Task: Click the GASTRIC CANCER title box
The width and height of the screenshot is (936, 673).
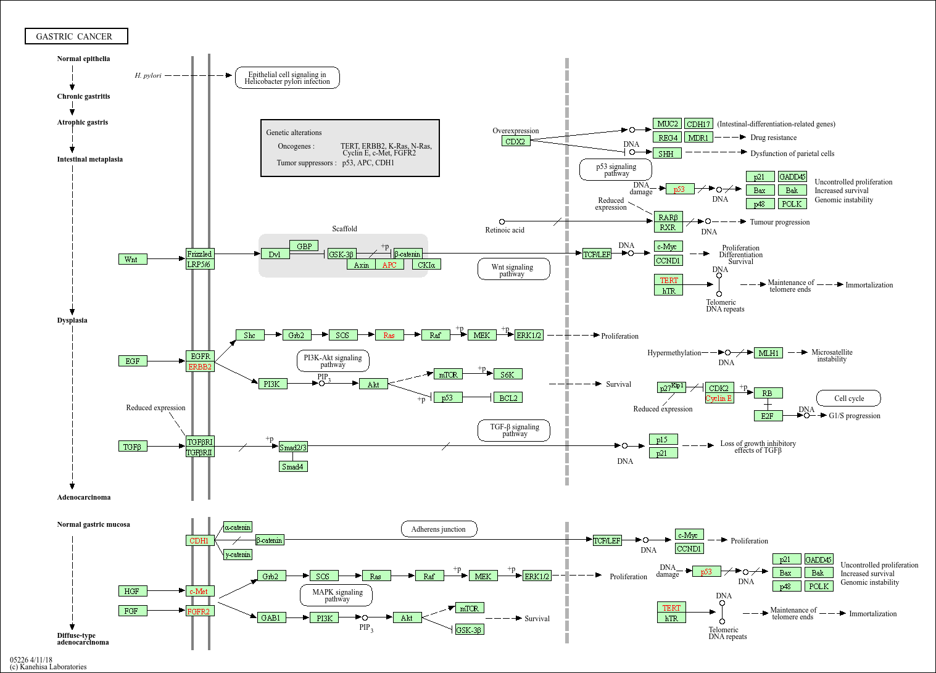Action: pyautogui.click(x=76, y=36)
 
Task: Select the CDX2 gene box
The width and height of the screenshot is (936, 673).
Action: pyautogui.click(x=515, y=141)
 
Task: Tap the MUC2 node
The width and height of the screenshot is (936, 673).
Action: pyautogui.click(x=667, y=124)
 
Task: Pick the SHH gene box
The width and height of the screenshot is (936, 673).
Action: pyautogui.click(x=667, y=154)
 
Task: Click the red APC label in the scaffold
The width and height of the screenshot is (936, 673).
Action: pyautogui.click(x=389, y=265)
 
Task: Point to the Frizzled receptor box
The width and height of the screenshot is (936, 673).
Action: pyautogui.click(x=200, y=254)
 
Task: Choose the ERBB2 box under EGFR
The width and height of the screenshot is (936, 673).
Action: pyautogui.click(x=200, y=366)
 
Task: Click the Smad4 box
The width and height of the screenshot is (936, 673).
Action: pyautogui.click(x=292, y=467)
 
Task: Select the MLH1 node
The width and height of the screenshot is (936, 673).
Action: pyautogui.click(x=768, y=353)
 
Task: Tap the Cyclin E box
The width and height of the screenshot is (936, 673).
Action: pyautogui.click(x=719, y=398)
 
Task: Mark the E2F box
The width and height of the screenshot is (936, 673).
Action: pyautogui.click(x=768, y=416)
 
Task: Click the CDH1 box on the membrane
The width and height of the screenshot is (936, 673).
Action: pyautogui.click(x=199, y=540)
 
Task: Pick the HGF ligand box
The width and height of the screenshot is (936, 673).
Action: pyautogui.click(x=132, y=591)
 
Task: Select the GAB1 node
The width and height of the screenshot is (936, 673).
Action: pyautogui.click(x=271, y=617)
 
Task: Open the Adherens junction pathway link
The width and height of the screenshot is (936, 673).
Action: pyautogui.click(x=439, y=529)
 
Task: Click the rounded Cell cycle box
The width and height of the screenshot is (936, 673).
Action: pyautogui.click(x=849, y=398)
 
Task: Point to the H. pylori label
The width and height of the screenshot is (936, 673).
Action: pyautogui.click(x=148, y=75)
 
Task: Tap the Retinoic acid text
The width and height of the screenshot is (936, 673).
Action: pyautogui.click(x=505, y=230)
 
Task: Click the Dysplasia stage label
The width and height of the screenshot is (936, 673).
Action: pyautogui.click(x=72, y=320)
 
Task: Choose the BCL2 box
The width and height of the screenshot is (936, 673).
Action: pyautogui.click(x=508, y=398)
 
